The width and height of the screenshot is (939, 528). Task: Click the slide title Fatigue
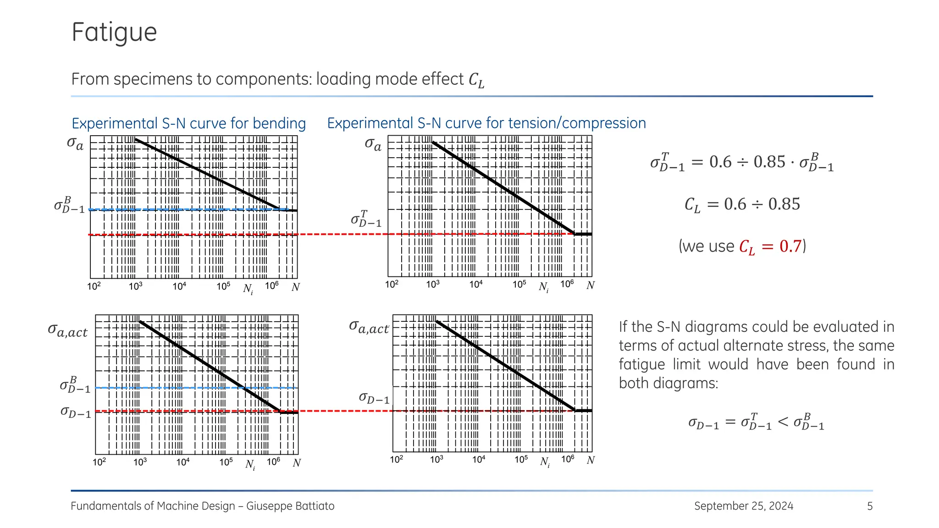(114, 32)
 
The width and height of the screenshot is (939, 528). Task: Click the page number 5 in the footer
(870, 506)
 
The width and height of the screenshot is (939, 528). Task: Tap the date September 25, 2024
(743, 506)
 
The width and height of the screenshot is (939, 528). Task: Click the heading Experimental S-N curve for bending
(188, 123)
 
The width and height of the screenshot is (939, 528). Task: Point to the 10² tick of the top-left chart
(94, 286)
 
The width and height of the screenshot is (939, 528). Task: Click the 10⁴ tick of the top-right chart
(476, 284)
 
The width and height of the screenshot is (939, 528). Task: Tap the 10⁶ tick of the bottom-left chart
(274, 462)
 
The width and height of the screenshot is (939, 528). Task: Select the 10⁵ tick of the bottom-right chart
(521, 459)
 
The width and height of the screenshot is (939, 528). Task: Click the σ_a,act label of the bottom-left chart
(68, 331)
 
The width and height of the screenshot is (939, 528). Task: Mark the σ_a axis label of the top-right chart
(373, 144)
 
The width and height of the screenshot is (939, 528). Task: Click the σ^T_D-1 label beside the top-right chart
(366, 220)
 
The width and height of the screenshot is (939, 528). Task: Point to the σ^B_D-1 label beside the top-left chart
(69, 206)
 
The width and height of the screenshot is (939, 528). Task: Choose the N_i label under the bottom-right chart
(545, 462)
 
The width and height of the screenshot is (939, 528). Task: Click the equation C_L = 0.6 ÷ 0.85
(742, 204)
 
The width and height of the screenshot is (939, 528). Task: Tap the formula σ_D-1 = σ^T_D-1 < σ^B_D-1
(756, 422)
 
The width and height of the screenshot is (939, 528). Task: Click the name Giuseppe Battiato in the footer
(290, 506)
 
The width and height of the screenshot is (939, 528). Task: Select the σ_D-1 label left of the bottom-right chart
(374, 398)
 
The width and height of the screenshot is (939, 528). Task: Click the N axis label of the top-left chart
(296, 287)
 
